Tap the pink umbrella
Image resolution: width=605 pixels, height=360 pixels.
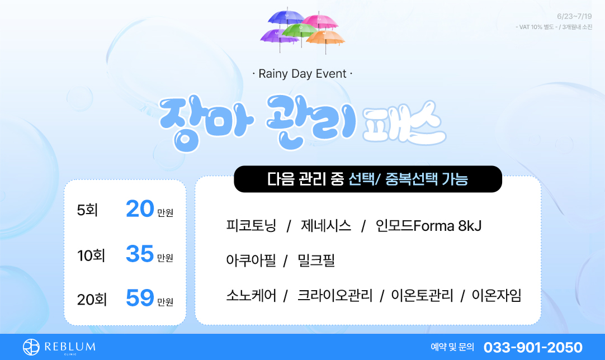tap(320, 21)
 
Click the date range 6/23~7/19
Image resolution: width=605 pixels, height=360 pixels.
tap(574, 16)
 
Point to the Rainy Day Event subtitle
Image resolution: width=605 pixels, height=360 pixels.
tap(302, 74)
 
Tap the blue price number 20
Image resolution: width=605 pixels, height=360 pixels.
tap(140, 209)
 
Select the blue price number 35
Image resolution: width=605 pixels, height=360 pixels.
tap(140, 254)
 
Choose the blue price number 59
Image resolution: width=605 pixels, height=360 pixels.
tap(140, 299)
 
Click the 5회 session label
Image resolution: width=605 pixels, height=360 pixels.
tap(87, 210)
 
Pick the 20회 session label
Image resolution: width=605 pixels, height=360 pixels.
tap(92, 300)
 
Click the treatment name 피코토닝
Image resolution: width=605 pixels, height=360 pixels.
tap(251, 226)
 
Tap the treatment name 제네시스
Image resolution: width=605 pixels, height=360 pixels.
tap(326, 226)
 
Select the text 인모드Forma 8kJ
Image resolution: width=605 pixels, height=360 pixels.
tap(429, 226)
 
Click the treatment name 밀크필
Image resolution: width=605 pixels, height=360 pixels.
tap(316, 260)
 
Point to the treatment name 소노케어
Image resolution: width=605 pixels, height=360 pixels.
tap(251, 296)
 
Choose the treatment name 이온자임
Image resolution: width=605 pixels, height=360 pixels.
tap(497, 296)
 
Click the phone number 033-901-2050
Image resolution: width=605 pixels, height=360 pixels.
tap(533, 347)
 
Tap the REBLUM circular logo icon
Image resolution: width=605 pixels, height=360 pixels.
tap(31, 347)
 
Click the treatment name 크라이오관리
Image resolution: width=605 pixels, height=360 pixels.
tap(335, 296)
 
